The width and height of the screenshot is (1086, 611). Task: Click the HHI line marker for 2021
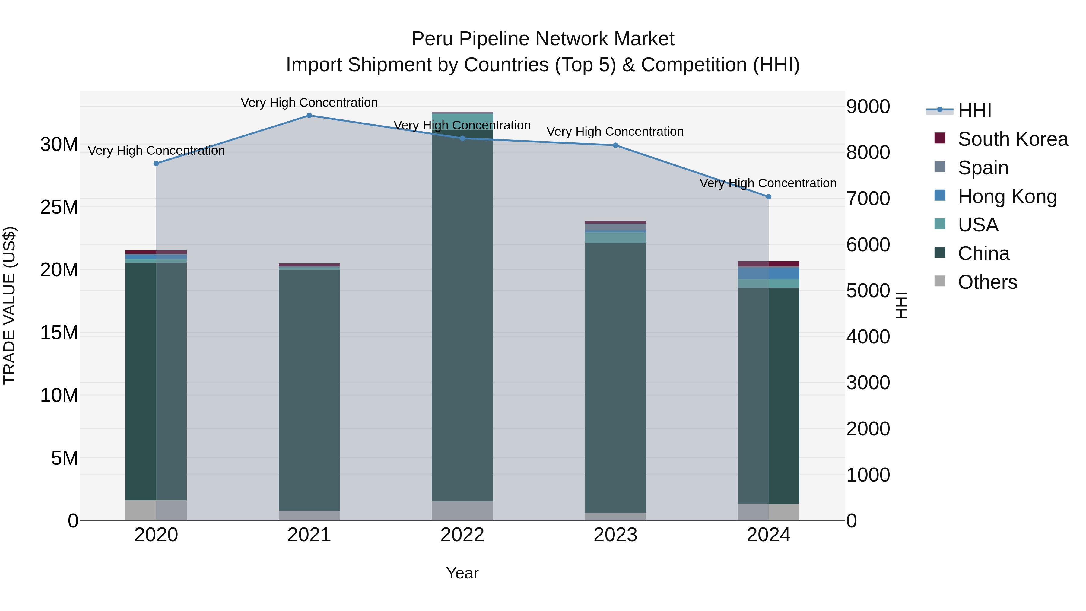tap(309, 115)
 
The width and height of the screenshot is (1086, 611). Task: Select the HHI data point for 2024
tap(768, 196)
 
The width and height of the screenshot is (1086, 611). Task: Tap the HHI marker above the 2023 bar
tap(615, 145)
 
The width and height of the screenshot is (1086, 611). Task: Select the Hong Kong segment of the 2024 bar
tap(768, 273)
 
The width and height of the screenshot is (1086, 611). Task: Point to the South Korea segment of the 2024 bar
tap(768, 264)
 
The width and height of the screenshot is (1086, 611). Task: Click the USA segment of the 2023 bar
tap(615, 237)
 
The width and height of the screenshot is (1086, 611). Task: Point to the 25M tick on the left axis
tap(59, 207)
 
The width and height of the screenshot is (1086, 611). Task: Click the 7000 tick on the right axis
tap(868, 199)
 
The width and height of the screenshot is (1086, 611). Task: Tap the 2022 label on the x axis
tap(462, 535)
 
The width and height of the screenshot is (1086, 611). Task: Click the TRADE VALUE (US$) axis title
tap(9, 305)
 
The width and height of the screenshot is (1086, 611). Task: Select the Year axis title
tap(462, 573)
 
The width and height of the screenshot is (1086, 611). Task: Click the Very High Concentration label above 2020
tap(156, 151)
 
